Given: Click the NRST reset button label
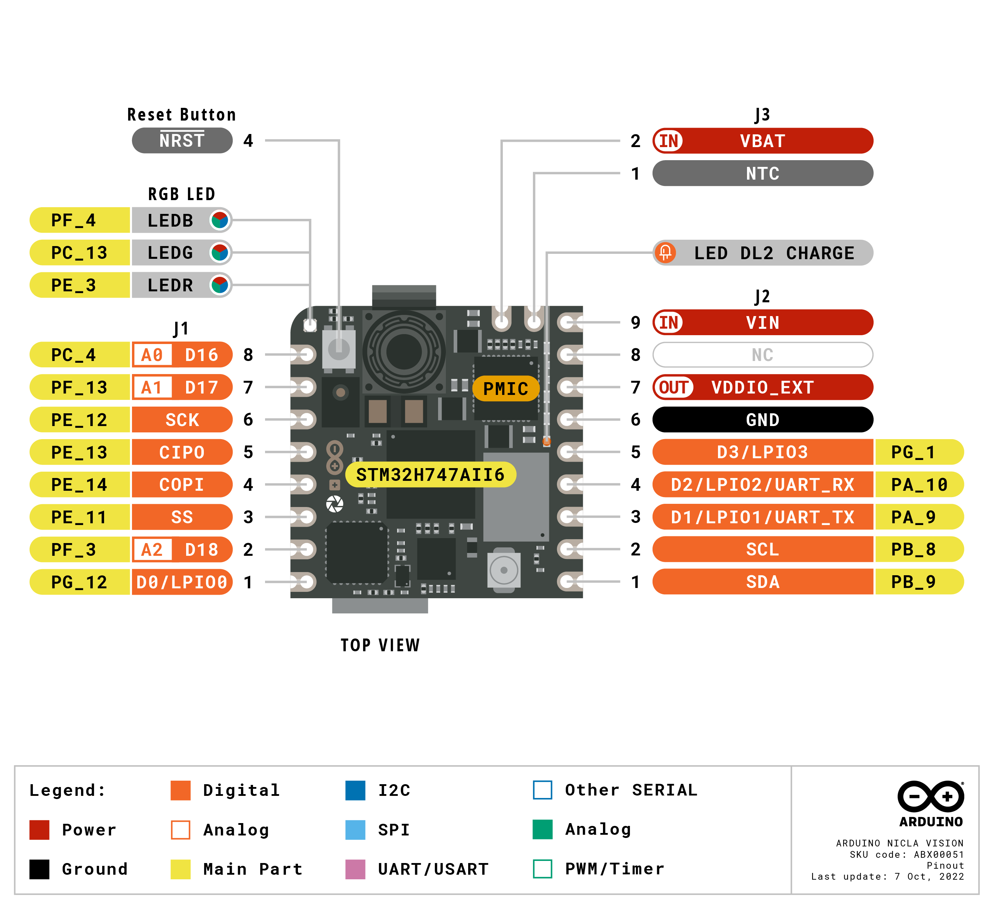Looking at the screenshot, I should (x=182, y=141).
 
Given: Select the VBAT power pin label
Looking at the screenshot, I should (x=762, y=141).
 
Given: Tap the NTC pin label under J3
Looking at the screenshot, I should (x=762, y=174).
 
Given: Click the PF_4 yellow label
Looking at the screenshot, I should (x=74, y=220).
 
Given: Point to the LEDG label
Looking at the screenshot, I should (x=170, y=253).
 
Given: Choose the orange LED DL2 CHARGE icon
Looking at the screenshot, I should (x=665, y=253).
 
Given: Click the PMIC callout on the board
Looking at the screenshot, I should (x=505, y=389).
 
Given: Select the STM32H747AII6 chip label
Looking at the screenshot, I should (x=430, y=475).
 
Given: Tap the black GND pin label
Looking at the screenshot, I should (x=762, y=420).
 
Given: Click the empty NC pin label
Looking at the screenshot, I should (x=762, y=355).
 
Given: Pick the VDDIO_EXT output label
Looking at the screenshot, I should (x=762, y=387).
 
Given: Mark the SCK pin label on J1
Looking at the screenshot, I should (x=182, y=420).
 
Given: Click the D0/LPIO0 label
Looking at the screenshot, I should (x=182, y=582).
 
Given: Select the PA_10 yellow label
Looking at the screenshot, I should (x=919, y=485).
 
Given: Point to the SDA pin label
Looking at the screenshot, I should (x=762, y=582).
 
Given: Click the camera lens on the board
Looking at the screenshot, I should (x=404, y=352).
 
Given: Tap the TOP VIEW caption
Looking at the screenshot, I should (x=380, y=645).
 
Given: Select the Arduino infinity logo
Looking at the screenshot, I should (x=930, y=796).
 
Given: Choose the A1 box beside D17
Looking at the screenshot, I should (x=152, y=387).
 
